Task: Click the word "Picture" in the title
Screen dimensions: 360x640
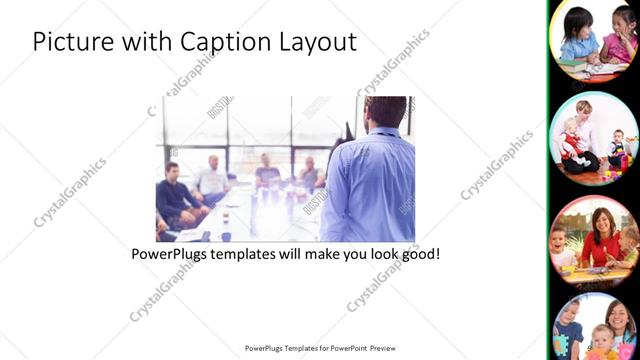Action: click(x=70, y=42)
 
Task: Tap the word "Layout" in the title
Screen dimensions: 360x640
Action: click(x=319, y=42)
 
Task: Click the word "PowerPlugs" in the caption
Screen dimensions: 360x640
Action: click(x=172, y=255)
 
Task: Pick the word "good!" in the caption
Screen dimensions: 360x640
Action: click(x=418, y=255)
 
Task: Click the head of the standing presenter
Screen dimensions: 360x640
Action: click(x=385, y=112)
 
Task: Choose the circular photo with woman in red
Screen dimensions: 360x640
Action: click(x=594, y=238)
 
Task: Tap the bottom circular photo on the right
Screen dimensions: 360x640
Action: click(x=594, y=328)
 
